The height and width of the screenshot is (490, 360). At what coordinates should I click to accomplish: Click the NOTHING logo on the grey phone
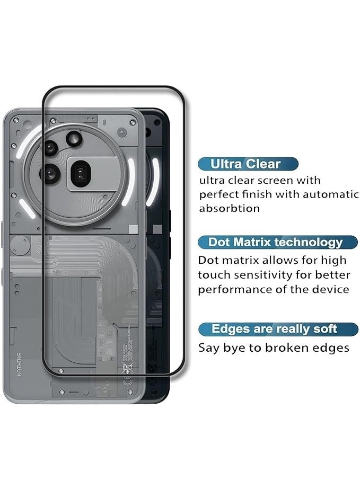[x=20, y=364]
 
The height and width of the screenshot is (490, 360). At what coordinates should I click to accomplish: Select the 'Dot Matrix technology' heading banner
[x=275, y=243]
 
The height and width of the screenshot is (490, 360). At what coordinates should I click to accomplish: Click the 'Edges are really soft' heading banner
[x=274, y=329]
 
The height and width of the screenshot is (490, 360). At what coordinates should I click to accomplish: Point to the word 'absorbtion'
[x=230, y=208]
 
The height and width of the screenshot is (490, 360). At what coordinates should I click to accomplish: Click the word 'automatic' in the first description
[x=332, y=194]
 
